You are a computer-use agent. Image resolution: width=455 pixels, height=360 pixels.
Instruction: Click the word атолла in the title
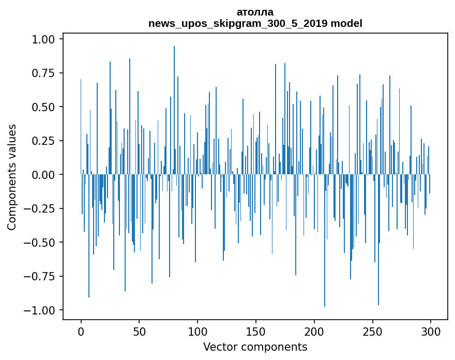tap(255, 12)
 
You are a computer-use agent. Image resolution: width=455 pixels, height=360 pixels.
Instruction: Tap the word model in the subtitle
tap(346, 23)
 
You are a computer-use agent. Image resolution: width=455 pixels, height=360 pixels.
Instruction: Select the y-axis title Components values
tap(12, 177)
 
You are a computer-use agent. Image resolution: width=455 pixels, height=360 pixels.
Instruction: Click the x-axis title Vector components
tap(255, 347)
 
